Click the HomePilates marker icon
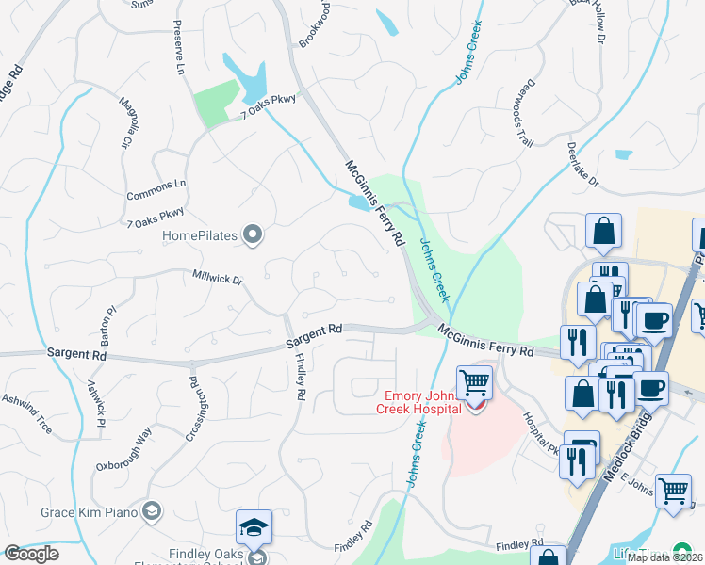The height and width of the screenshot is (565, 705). (x=252, y=234)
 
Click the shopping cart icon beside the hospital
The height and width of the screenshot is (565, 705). (x=474, y=382)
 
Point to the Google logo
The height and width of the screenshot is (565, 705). (x=30, y=554)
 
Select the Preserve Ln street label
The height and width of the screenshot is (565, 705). (x=177, y=48)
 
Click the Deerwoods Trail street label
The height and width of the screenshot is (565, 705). (x=524, y=115)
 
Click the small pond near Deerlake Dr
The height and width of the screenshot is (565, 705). (x=623, y=153)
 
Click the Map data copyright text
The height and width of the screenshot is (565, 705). (x=664, y=557)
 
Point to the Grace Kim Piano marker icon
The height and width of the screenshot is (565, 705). (x=151, y=513)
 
